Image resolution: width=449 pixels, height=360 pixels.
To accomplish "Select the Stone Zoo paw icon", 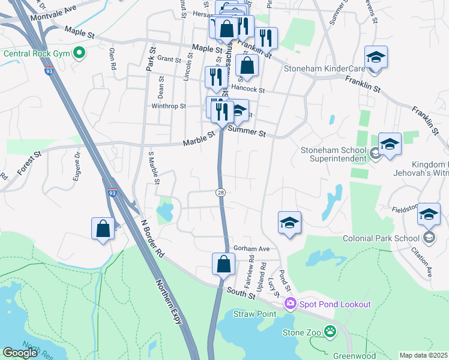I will [x=330, y=331].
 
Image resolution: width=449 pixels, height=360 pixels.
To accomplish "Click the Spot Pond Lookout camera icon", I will [x=291, y=304].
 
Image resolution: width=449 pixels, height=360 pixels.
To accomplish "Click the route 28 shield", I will [x=221, y=191].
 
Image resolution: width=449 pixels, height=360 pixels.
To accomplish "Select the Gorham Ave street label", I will [x=252, y=248].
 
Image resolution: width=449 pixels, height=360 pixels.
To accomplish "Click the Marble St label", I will [x=199, y=139].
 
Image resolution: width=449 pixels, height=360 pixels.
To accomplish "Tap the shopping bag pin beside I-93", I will [x=103, y=228].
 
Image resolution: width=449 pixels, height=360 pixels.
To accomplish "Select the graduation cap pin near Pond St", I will [x=289, y=223].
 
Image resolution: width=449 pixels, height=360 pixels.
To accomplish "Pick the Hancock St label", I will [x=248, y=89].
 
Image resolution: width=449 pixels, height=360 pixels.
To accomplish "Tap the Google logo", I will [x=20, y=353].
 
